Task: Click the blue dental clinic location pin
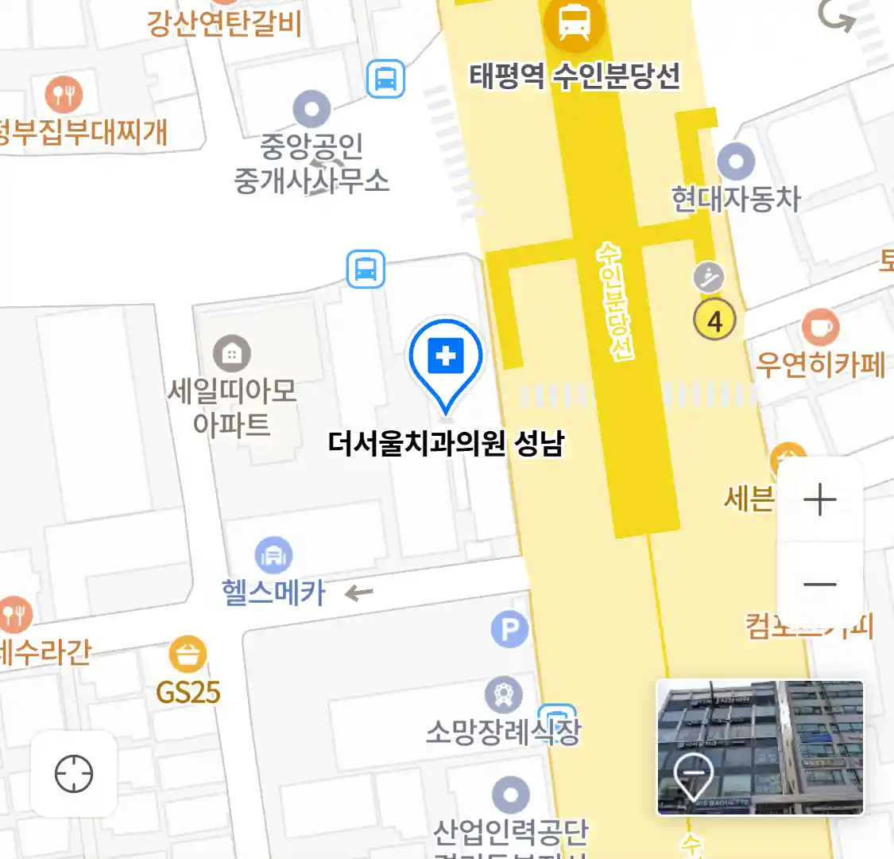[446, 359]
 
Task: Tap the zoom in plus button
[819, 500]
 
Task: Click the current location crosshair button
[74, 774]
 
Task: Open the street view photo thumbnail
[760, 748]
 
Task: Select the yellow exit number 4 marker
[714, 321]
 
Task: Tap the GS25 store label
[188, 693]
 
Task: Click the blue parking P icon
[509, 630]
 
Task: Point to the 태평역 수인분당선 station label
[575, 76]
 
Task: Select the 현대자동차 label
[736, 199]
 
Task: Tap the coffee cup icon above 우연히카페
[820, 327]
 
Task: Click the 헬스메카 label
[274, 593]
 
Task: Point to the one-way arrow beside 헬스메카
[359, 593]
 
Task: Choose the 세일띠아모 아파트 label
[231, 406]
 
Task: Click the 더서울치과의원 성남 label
[446, 443]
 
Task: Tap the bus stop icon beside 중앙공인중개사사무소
[385, 80]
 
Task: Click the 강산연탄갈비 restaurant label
[224, 23]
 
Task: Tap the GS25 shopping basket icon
[188, 655]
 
